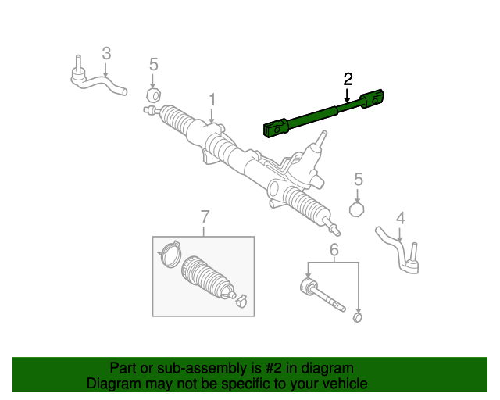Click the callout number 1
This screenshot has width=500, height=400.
[x=212, y=100]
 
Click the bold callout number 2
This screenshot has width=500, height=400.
[x=348, y=79]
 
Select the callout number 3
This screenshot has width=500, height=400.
[x=106, y=53]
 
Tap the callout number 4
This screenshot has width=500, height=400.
[x=401, y=219]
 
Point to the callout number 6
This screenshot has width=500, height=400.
[x=334, y=249]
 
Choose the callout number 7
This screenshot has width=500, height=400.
[x=205, y=217]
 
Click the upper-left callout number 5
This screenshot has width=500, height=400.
[x=154, y=64]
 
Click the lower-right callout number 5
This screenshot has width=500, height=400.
[x=359, y=180]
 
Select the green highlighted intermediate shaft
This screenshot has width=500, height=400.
[x=323, y=114]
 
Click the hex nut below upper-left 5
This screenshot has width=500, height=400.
[x=153, y=95]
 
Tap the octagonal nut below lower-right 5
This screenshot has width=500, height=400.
[x=357, y=209]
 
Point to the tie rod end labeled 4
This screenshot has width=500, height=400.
[x=399, y=252]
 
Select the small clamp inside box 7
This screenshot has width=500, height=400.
[x=241, y=301]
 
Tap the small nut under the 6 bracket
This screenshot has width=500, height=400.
[x=358, y=317]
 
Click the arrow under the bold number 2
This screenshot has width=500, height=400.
[x=347, y=95]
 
